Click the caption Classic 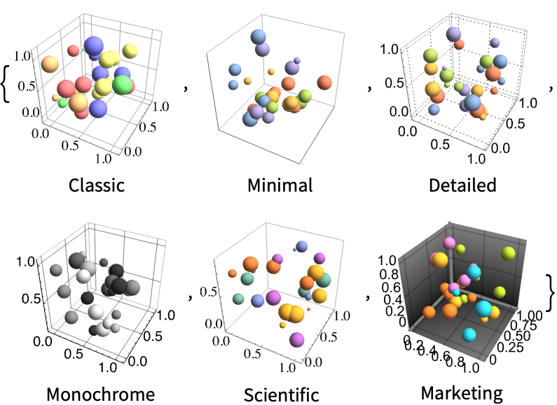tap(97, 185)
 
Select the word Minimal tap(280, 185)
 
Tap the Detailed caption tap(462, 185)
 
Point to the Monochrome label tap(100, 394)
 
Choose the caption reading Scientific tap(282, 395)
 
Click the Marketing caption tap(462, 393)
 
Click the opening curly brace tap(6, 85)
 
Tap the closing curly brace tap(550, 292)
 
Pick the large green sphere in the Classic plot tap(123, 85)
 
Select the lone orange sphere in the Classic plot tap(50, 64)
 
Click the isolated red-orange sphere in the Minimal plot tap(324, 83)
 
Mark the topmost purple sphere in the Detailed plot tap(453, 34)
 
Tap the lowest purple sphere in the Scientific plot tap(297, 339)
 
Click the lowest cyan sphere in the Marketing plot tap(469, 335)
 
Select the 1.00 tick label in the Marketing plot tap(529, 315)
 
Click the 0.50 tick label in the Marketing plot tap(517, 336)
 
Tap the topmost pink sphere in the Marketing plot tap(449, 243)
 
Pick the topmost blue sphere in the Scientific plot tap(301, 246)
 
